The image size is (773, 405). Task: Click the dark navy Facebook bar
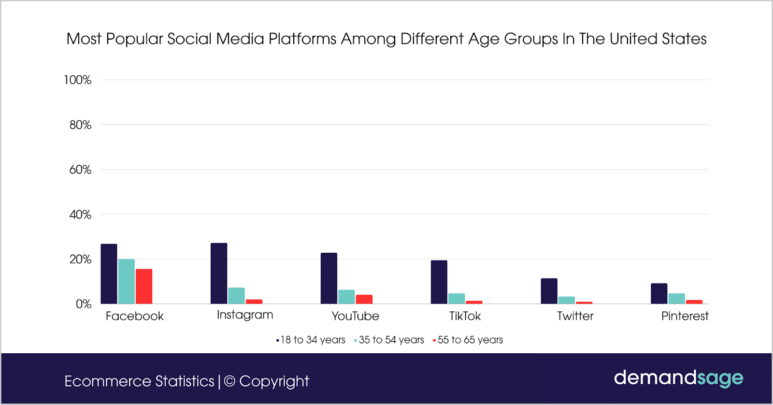pos(109,274)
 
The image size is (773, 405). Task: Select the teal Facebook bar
pos(126,282)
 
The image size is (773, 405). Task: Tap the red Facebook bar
pos(144,287)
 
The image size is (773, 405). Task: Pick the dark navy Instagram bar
pos(219,274)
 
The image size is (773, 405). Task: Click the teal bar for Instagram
pos(236,296)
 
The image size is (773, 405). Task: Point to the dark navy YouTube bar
pos(329,278)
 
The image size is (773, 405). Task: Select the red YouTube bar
pos(364,299)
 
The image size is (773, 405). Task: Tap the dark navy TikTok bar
pos(439,282)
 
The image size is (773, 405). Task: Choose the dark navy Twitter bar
pos(549,291)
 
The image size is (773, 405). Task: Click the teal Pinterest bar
pos(676,299)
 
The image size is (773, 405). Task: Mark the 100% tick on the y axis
pos(78,80)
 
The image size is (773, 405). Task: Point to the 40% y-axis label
pos(80,215)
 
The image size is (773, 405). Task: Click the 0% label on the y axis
pos(83,304)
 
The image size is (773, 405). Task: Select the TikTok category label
pos(465,316)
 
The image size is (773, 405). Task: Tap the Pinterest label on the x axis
pos(685,316)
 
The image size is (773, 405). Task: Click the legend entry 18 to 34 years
pos(311,340)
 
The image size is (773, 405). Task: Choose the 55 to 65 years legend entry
pos(468,340)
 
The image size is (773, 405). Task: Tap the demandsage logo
pos(678,378)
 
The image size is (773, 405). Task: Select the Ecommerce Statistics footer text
pos(139,381)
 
